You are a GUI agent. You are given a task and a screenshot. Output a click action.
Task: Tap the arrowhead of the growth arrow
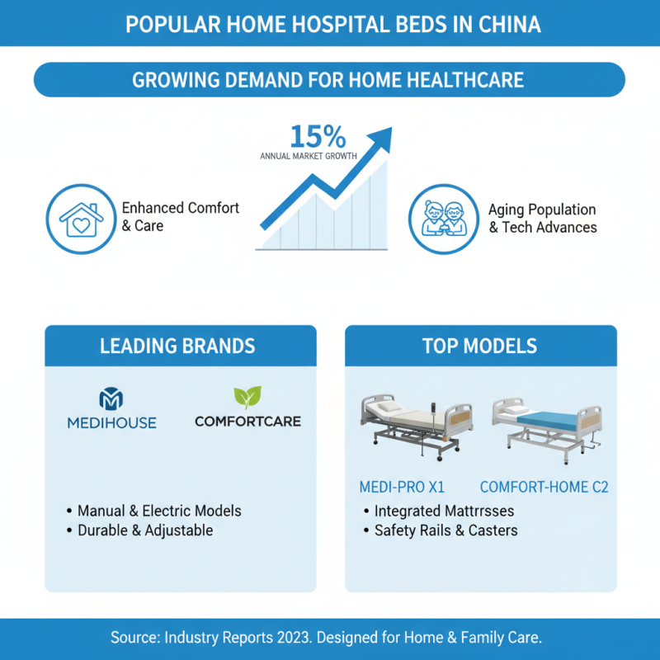380,139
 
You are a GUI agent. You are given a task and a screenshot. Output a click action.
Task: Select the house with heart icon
80,219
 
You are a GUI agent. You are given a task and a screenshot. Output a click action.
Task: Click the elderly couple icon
443,219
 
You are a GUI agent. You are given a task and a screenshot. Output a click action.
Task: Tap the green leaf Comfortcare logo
247,398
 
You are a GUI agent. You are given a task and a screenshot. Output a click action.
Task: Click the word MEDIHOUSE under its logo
111,422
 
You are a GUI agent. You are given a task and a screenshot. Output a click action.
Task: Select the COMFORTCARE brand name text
247,422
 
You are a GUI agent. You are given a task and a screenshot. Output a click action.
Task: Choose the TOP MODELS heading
480,346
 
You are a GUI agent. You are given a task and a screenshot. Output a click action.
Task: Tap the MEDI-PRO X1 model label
401,488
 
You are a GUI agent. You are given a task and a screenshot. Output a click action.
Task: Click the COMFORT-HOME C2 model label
544,488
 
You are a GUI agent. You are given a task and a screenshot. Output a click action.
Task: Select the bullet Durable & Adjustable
144,530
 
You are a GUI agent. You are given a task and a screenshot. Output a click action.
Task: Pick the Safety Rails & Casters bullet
445,530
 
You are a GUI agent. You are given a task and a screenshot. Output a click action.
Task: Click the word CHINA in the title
509,24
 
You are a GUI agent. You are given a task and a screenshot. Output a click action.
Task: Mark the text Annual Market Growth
309,155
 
